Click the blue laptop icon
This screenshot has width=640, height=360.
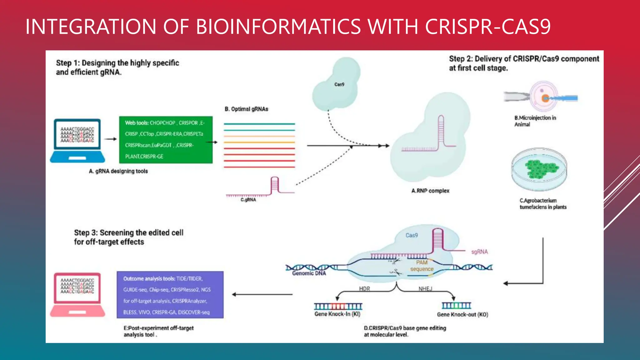tap(77, 141)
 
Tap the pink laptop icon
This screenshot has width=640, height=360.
tap(77, 295)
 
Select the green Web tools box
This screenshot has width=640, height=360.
tap(166, 140)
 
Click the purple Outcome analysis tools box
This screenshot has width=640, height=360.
tap(170, 295)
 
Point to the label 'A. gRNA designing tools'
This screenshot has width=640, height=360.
tap(118, 171)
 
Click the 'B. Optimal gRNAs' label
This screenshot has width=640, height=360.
tap(246, 109)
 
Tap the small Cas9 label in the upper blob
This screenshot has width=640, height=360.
tap(339, 84)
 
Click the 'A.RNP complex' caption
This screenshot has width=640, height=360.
tap(430, 191)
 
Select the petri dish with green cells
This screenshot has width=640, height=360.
tap(539, 169)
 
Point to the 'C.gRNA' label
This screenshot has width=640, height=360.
tap(248, 200)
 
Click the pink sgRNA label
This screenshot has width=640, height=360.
tap(479, 252)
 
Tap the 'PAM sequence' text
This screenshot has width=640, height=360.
tap(422, 266)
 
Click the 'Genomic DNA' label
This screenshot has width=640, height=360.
tap(309, 273)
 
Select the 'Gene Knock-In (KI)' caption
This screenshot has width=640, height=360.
tap(337, 314)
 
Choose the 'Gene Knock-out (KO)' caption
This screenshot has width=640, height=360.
tap(462, 314)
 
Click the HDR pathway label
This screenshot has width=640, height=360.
tap(364, 289)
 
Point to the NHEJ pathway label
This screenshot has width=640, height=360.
tap(425, 289)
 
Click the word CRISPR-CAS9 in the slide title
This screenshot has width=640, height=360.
tap(487, 27)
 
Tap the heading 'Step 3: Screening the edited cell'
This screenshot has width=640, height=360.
tap(129, 233)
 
